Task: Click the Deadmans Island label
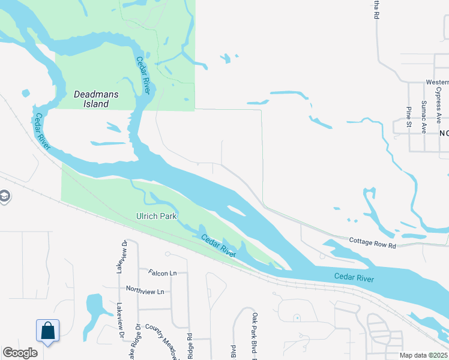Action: pos(91,99)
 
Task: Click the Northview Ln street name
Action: pos(145,290)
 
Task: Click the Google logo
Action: pos(20,353)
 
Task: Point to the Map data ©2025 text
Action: pos(423,355)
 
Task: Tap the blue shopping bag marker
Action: pos(48,331)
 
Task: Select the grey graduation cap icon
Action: pos(4,196)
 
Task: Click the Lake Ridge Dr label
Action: pos(137,343)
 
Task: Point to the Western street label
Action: pos(437,82)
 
